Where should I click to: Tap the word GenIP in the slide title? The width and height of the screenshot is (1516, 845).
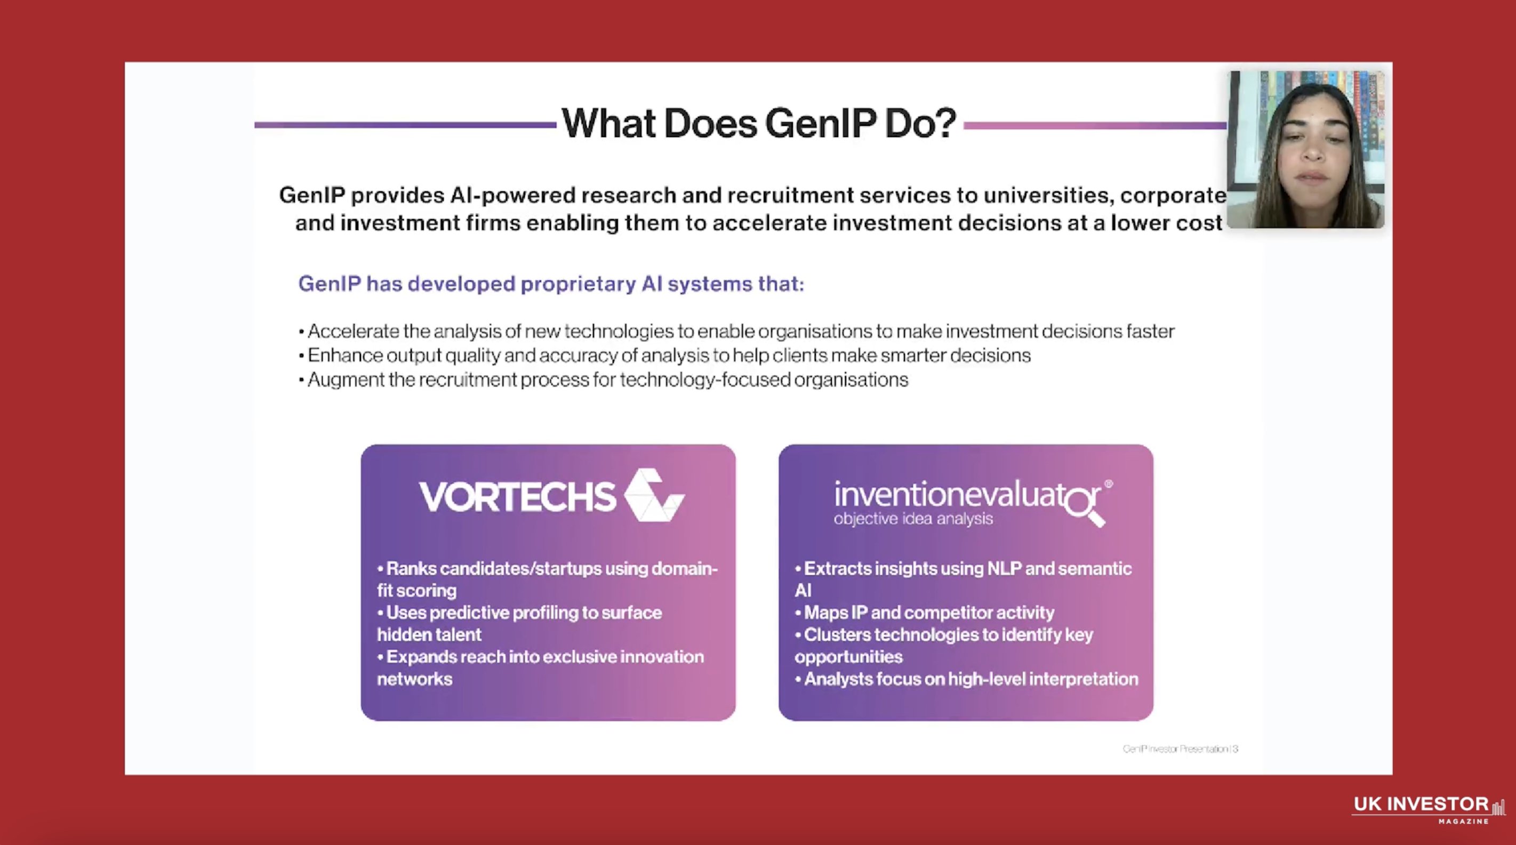click(x=820, y=124)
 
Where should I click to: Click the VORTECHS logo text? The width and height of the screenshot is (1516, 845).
click(x=517, y=497)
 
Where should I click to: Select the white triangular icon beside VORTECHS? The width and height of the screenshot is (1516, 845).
click(x=653, y=495)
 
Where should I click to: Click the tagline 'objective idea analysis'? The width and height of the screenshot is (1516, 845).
click(x=913, y=519)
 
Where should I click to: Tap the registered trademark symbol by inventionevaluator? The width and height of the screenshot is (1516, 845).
click(x=1109, y=484)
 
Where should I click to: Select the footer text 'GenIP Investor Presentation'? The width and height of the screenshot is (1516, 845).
click(x=1180, y=749)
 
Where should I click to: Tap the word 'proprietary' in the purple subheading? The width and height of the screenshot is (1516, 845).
click(x=578, y=284)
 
